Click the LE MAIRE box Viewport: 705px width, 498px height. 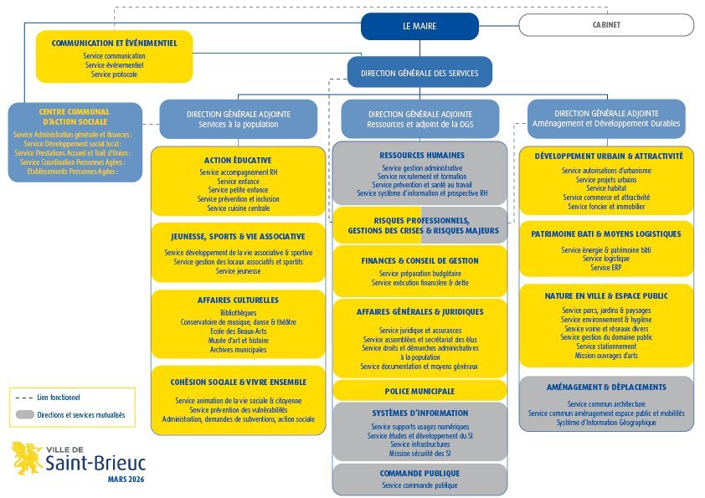point(419,26)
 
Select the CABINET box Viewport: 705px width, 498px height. point(606,25)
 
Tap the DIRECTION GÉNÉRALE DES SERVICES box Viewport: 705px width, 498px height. point(419,72)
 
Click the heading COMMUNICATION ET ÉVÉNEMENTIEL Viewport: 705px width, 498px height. point(114,44)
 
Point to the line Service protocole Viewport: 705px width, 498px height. point(114,74)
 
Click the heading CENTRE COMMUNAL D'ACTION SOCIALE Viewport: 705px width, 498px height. point(75,116)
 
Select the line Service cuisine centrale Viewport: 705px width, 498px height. point(239,208)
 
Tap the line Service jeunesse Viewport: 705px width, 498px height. point(239,271)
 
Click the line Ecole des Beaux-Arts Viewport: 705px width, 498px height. point(239,331)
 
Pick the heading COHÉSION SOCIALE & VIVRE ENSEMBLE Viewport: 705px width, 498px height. point(239,382)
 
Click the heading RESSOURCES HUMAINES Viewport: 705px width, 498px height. point(422,156)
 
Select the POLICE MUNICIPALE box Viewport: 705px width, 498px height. point(419,391)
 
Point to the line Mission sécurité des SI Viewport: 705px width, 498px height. point(420,454)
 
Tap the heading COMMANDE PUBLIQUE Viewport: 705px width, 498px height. point(419,473)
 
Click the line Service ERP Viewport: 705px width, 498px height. point(606,268)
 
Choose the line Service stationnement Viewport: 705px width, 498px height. point(606,347)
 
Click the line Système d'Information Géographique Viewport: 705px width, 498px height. point(606,423)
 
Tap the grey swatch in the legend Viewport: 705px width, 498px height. point(25,414)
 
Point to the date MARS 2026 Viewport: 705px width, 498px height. point(126,479)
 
